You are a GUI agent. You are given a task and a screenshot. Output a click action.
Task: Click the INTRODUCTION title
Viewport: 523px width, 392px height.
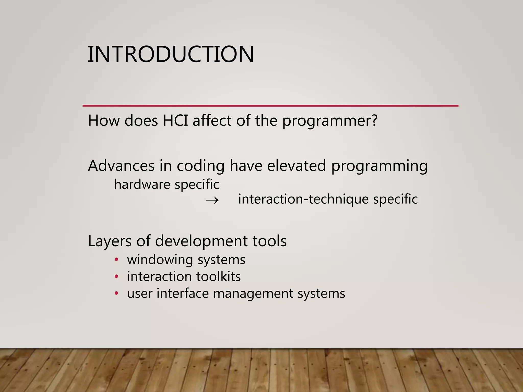pyautogui.click(x=171, y=54)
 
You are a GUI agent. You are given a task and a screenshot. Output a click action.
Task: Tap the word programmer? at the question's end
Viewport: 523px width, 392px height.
pyautogui.click(x=330, y=121)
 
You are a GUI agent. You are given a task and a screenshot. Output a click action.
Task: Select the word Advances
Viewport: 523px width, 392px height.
pyautogui.click(x=121, y=166)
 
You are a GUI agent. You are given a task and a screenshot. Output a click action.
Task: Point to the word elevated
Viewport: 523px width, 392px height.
pyautogui.click(x=296, y=166)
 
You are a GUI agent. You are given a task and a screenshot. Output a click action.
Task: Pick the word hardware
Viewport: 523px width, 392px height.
pyautogui.click(x=142, y=184)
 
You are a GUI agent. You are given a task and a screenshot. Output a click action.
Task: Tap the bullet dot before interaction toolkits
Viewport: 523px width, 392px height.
pyautogui.click(x=116, y=276)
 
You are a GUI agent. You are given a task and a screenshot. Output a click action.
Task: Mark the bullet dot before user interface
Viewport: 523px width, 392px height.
pyautogui.click(x=116, y=293)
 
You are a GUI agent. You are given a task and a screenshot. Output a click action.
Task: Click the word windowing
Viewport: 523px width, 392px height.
pyautogui.click(x=160, y=260)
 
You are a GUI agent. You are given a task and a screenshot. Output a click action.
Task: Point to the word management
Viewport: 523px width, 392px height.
pyautogui.click(x=253, y=293)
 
